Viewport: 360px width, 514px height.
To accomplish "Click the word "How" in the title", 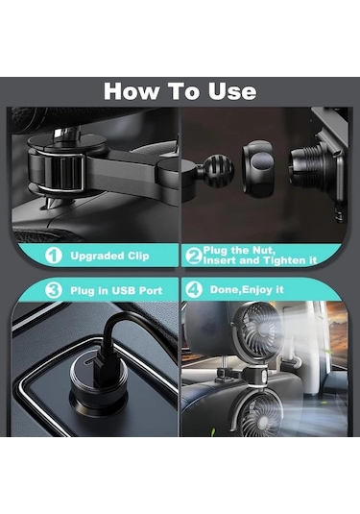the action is point(131,91).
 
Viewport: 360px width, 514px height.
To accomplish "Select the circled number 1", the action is point(54,256).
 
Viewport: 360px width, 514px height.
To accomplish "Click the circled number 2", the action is point(193,256).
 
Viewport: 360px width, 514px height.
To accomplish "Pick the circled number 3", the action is point(54,290).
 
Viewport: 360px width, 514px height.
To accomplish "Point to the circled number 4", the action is point(194,289).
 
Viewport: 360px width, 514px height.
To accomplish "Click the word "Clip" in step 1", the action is point(138,256).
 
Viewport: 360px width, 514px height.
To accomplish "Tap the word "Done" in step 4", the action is point(223,290).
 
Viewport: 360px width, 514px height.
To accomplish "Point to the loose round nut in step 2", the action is point(259,165).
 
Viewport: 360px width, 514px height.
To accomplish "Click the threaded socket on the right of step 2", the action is point(303,165).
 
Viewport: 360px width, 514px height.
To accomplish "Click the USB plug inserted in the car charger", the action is point(98,370).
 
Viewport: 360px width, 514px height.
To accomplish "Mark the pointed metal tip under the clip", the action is point(48,204).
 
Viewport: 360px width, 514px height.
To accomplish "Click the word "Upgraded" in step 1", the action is point(97,257).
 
